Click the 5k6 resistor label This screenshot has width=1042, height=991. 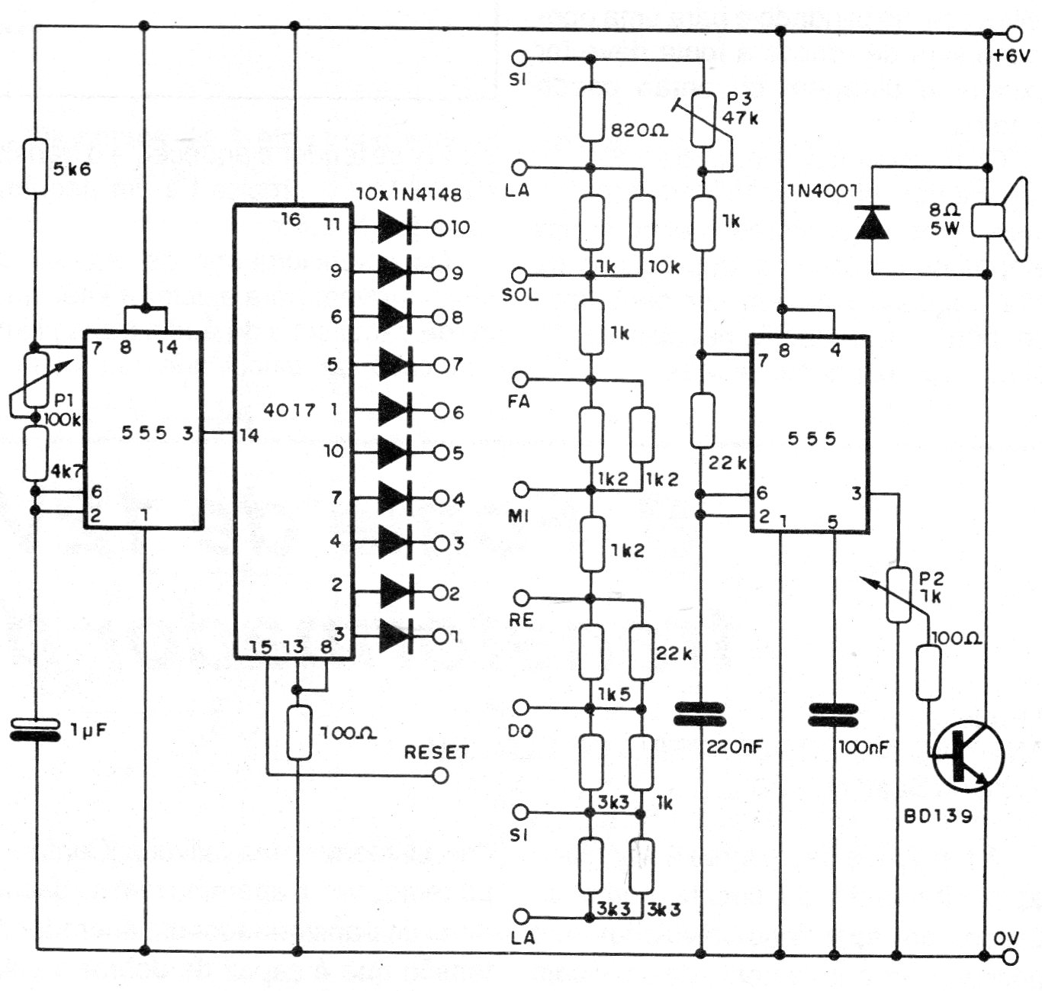[x=72, y=169]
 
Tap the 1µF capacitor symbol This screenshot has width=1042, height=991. [x=35, y=729]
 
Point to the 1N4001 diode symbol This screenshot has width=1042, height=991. [x=873, y=222]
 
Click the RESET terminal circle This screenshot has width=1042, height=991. [x=440, y=777]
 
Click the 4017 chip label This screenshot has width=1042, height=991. [x=289, y=410]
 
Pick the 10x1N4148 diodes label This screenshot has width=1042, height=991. [x=409, y=194]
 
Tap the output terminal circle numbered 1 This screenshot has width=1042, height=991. [x=440, y=637]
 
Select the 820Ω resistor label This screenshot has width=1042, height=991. [x=640, y=130]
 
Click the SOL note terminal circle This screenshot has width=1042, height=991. [x=519, y=275]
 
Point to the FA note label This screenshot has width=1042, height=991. [x=519, y=401]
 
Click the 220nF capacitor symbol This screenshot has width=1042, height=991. [x=699, y=714]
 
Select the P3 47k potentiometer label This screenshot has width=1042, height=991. [x=741, y=108]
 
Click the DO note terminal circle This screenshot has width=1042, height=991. [x=521, y=707]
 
